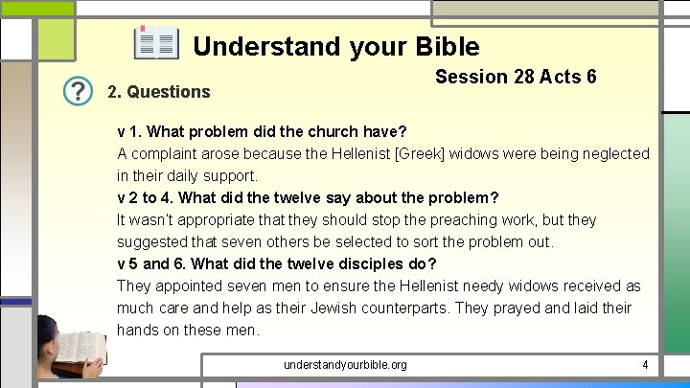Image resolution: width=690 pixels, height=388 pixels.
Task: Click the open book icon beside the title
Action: [155, 44]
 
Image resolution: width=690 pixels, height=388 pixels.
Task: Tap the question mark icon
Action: [78, 91]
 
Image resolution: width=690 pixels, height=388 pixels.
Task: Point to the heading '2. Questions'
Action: [158, 92]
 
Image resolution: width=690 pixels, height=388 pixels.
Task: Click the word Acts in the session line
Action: [562, 77]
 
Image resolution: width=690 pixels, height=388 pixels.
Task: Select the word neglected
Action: [609, 153]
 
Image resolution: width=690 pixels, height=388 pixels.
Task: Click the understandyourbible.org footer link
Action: [345, 365]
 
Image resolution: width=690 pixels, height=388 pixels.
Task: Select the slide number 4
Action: [645, 365]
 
